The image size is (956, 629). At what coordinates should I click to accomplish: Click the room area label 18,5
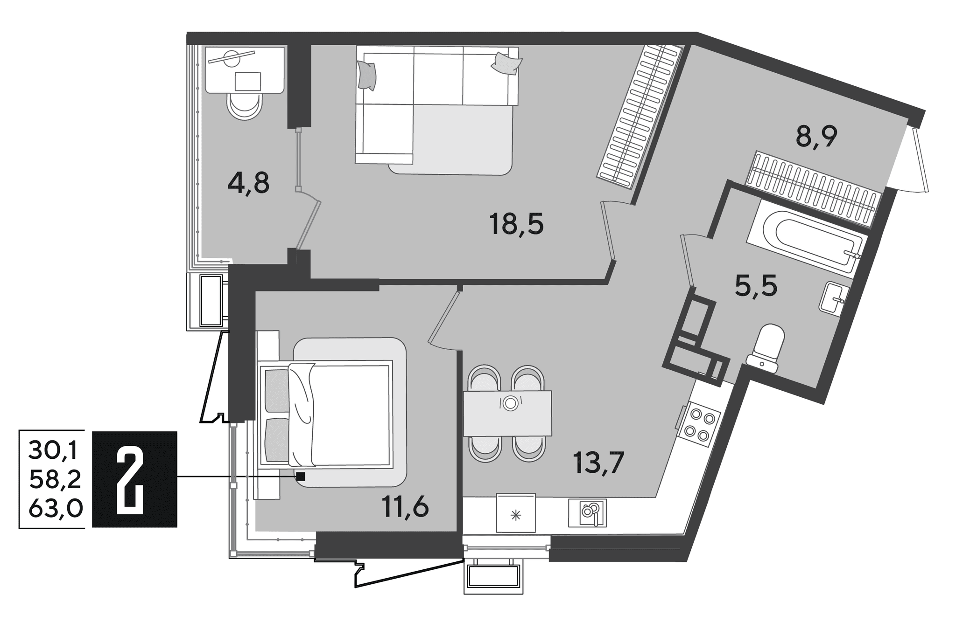516,224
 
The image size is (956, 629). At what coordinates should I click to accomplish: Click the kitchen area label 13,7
599,463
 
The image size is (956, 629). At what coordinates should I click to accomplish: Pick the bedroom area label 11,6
405,507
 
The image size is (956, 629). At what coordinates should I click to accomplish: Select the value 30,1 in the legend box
55,450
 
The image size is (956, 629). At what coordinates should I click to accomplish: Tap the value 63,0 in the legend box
56,509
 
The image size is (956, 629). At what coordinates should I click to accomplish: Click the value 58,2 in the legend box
55,479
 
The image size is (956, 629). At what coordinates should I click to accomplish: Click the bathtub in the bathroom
807,238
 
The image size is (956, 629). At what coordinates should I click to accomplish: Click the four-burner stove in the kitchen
698,424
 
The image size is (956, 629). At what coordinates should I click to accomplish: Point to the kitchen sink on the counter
587,513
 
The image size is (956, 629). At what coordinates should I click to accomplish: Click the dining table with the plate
507,413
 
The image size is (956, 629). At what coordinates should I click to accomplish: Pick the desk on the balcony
246,70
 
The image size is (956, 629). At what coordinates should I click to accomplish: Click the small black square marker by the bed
301,477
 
